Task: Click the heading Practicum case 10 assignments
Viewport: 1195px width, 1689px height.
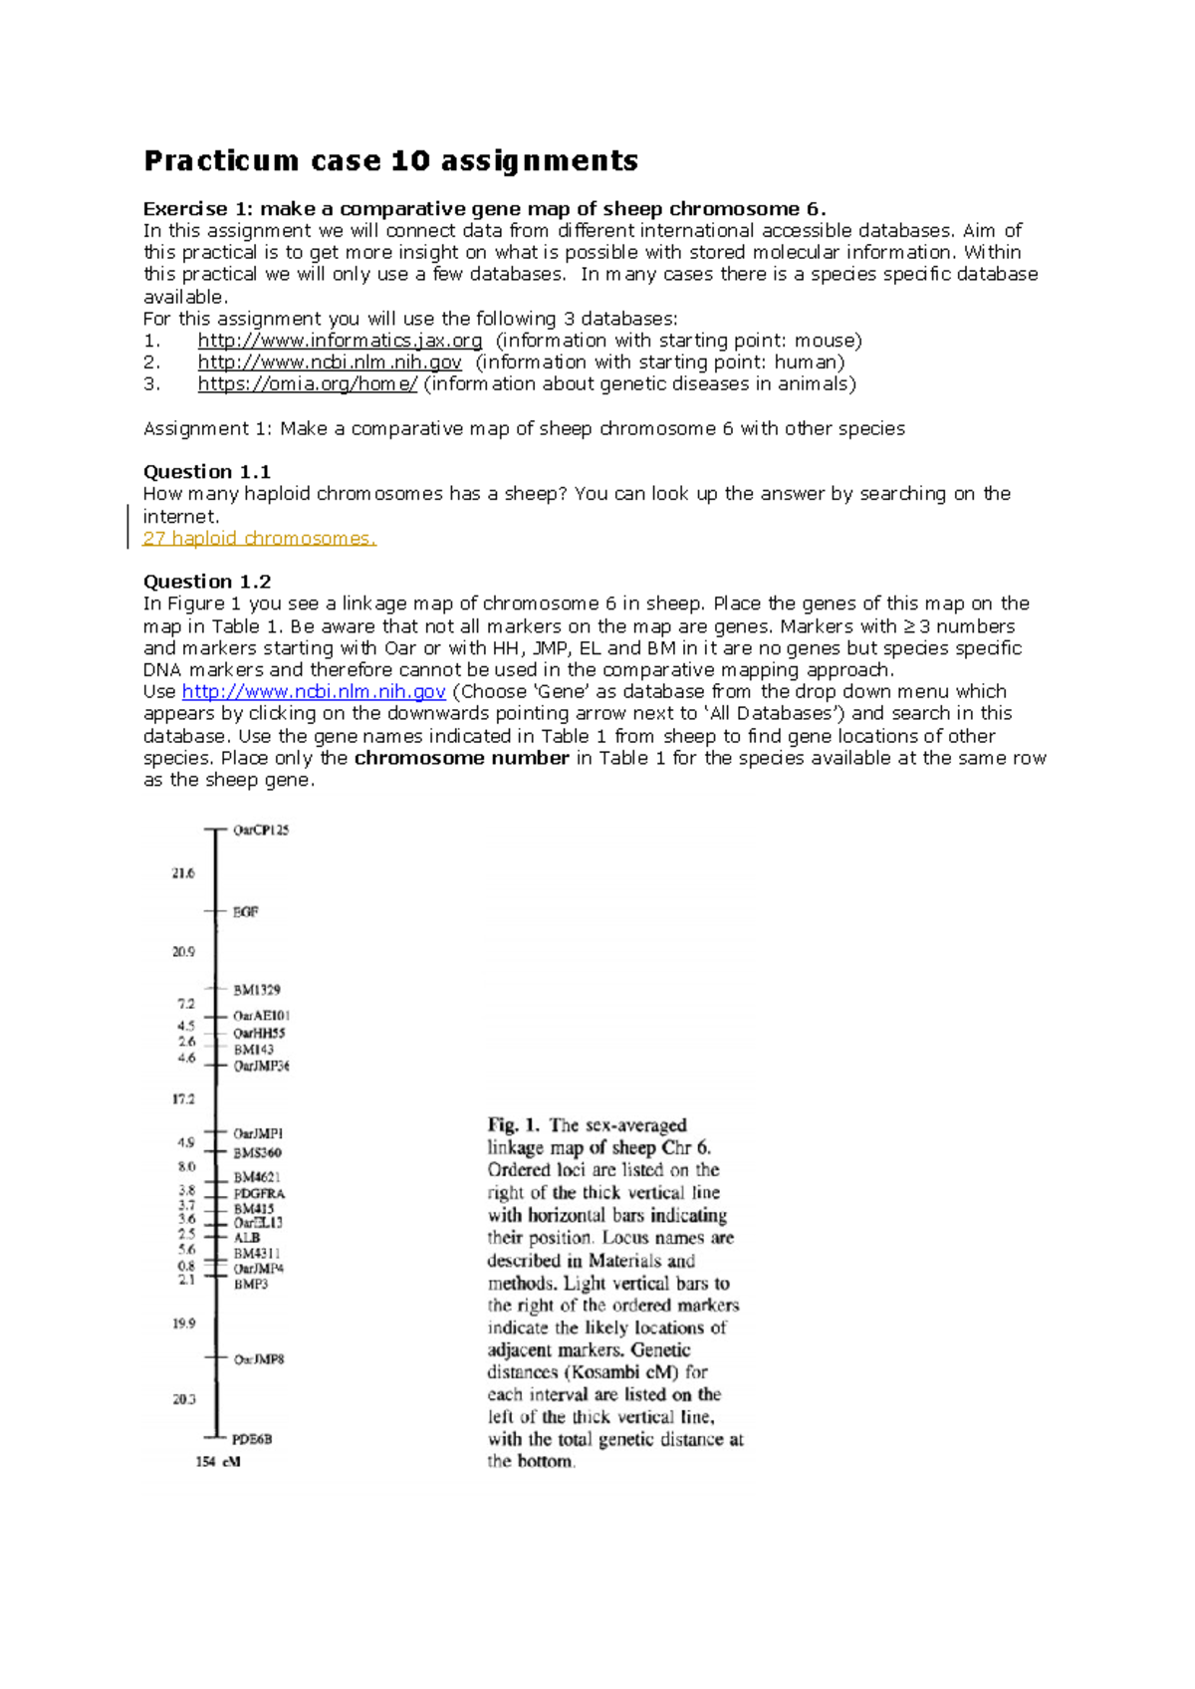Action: pyautogui.click(x=390, y=160)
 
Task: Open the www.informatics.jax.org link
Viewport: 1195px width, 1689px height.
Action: pyautogui.click(x=340, y=341)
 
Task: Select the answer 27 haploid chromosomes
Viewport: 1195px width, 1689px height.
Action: pyautogui.click(x=259, y=539)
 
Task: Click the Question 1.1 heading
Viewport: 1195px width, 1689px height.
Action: pyautogui.click(x=207, y=472)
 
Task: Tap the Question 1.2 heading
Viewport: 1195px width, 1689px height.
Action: pyautogui.click(x=207, y=582)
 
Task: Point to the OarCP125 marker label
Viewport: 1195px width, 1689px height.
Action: pyautogui.click(x=261, y=830)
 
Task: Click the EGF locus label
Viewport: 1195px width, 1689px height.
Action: pyautogui.click(x=245, y=911)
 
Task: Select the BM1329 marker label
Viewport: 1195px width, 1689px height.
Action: pyautogui.click(x=257, y=990)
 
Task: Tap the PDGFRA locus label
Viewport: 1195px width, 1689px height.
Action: pyautogui.click(x=259, y=1193)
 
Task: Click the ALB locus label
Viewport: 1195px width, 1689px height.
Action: pyautogui.click(x=246, y=1238)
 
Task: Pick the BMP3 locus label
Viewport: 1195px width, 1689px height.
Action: pyautogui.click(x=251, y=1285)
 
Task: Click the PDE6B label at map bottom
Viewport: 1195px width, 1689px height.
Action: pyautogui.click(x=252, y=1439)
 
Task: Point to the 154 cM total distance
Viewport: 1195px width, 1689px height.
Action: pyautogui.click(x=218, y=1462)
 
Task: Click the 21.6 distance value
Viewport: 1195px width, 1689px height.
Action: pyautogui.click(x=183, y=873)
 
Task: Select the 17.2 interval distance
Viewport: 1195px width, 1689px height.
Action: pyautogui.click(x=183, y=1099)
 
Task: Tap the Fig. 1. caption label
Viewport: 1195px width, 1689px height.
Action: pyautogui.click(x=514, y=1125)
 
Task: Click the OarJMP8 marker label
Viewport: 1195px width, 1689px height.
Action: pyautogui.click(x=259, y=1359)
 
